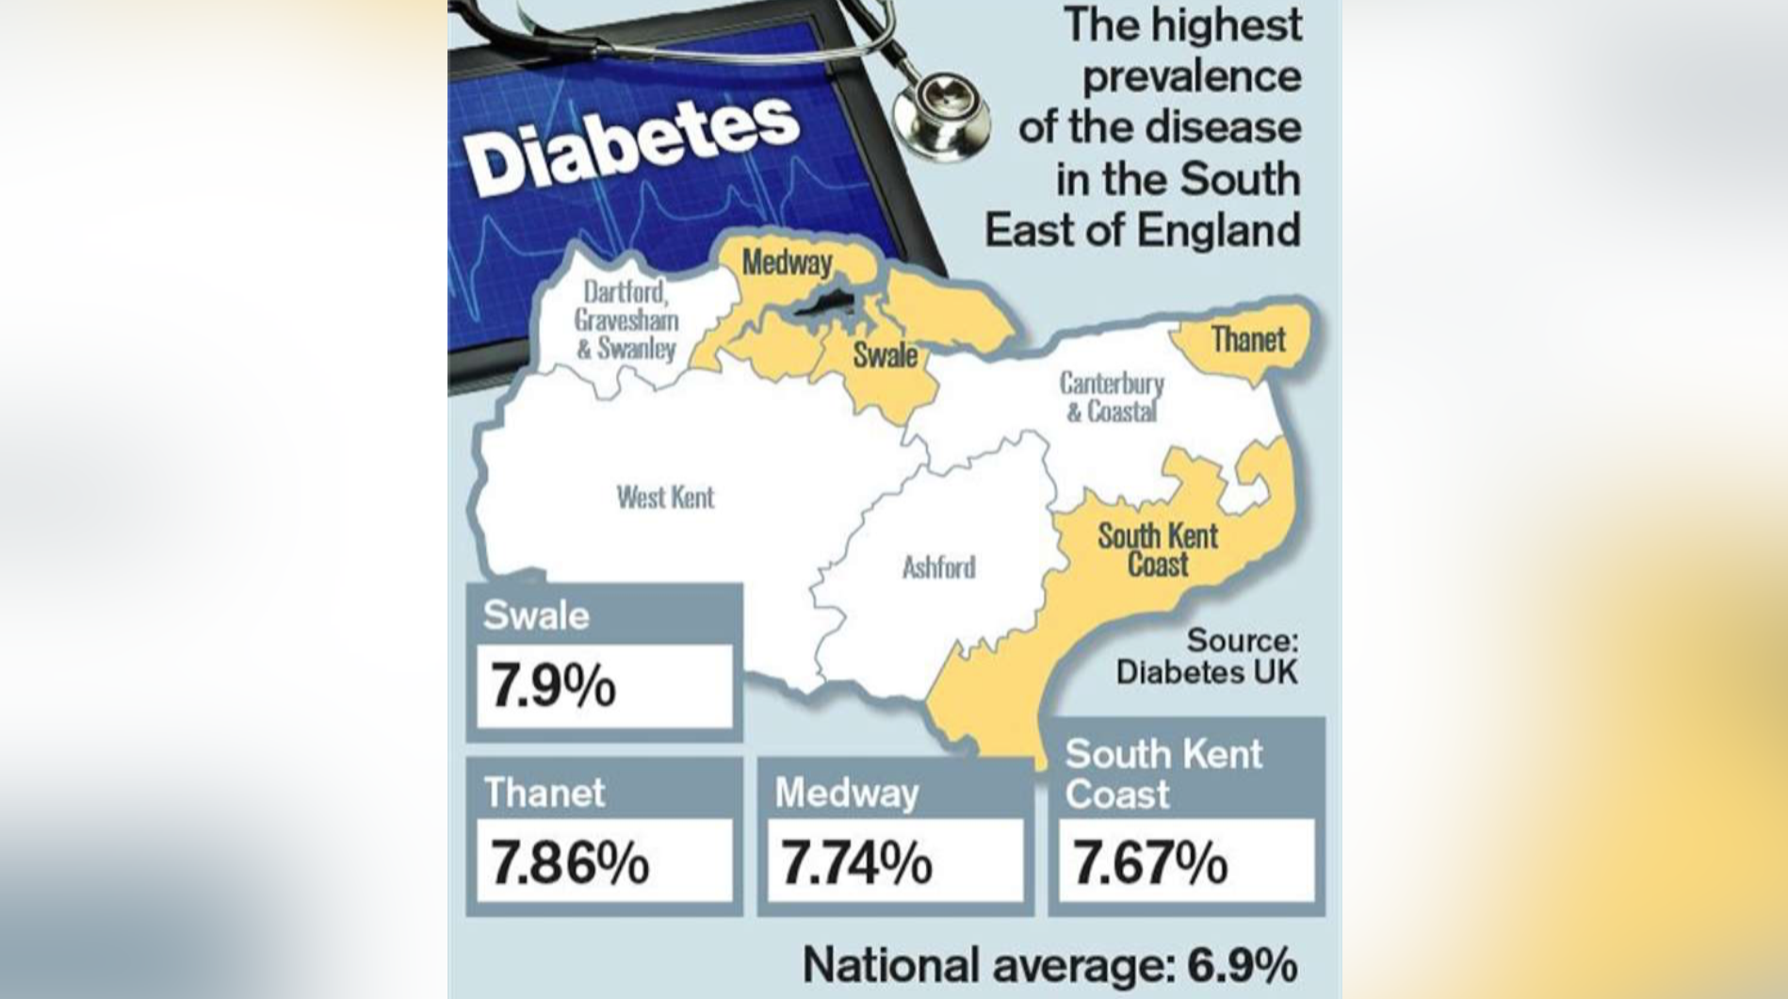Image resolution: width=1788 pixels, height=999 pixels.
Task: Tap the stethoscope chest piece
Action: (940, 112)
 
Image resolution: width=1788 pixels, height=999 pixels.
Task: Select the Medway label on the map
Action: (787, 262)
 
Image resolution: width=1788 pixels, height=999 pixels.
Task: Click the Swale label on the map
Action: (885, 355)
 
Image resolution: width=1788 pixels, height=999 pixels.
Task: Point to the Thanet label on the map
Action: (1247, 339)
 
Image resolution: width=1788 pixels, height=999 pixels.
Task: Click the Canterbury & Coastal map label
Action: (1112, 397)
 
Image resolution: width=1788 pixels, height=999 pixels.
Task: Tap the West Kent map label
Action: (665, 497)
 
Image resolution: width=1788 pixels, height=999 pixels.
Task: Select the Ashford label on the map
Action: (938, 567)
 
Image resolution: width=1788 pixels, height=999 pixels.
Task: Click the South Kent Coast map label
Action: (1157, 550)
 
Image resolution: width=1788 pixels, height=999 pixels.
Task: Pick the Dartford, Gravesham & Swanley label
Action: (626, 320)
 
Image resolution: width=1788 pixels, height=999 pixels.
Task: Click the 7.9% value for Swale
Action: (553, 685)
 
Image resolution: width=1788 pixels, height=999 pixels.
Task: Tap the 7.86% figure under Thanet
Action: (570, 862)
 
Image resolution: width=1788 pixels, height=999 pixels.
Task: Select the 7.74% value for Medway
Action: (857, 862)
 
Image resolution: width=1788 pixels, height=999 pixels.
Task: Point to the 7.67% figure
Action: (1150, 862)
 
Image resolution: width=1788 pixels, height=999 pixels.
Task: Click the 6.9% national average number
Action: (1242, 965)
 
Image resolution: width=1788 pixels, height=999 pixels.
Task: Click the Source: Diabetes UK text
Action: (1208, 656)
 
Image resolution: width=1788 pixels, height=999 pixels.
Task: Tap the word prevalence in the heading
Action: (1191, 76)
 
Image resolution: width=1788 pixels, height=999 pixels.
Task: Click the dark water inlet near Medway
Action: (824, 303)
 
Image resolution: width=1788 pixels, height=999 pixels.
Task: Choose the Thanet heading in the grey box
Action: (545, 792)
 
